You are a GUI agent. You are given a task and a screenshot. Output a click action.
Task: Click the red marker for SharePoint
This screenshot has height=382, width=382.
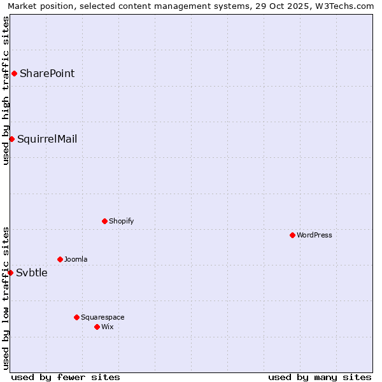click(14, 73)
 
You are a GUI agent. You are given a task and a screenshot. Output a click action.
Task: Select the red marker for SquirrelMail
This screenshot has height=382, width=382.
click(11, 139)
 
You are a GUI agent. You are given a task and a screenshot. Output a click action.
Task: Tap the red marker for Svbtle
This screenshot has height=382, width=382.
click(10, 272)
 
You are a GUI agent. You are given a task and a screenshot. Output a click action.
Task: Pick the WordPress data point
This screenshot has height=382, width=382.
click(292, 235)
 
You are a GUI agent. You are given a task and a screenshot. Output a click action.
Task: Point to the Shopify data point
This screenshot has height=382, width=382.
click(104, 221)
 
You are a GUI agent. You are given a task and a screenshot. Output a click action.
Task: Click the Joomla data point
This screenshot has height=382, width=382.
click(60, 259)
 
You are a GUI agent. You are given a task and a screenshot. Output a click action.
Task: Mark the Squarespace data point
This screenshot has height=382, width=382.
click(76, 317)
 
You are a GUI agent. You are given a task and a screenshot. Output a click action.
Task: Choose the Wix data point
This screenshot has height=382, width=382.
click(97, 327)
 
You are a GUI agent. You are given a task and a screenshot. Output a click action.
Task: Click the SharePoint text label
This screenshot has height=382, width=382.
click(47, 73)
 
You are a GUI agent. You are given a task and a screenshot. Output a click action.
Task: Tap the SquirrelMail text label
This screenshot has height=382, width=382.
click(47, 139)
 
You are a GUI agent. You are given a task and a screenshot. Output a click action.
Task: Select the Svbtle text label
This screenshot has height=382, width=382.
click(32, 272)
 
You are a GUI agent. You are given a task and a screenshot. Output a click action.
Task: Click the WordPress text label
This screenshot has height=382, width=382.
click(315, 235)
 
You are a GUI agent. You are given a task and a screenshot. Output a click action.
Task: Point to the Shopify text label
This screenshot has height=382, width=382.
click(121, 221)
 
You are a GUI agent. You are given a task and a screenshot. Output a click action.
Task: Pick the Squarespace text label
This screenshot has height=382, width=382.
click(103, 317)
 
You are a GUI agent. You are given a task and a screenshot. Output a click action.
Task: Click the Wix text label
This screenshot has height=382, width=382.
click(107, 327)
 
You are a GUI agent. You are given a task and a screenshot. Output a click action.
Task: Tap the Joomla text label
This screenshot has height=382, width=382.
click(76, 259)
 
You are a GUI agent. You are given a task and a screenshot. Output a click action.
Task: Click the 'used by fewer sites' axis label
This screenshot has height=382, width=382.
click(66, 377)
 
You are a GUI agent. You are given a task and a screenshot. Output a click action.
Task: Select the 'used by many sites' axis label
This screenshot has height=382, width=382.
click(320, 377)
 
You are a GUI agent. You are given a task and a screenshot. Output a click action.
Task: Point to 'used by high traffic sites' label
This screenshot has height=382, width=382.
click(6, 90)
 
